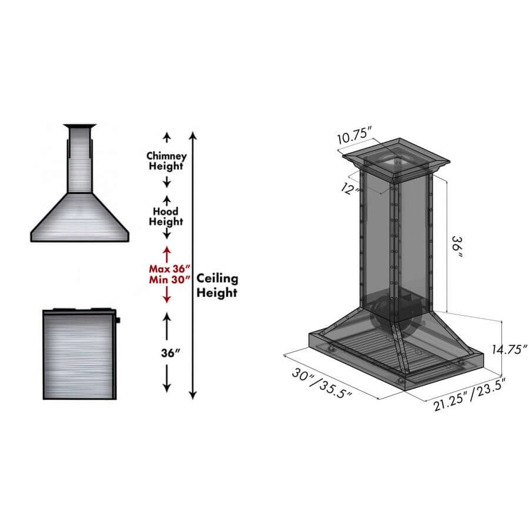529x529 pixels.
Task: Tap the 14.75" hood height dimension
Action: coord(509,349)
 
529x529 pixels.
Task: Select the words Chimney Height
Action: coord(166,161)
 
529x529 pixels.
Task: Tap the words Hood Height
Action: coord(166,216)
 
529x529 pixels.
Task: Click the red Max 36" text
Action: coord(167,269)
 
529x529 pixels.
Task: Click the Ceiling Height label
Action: coord(217,285)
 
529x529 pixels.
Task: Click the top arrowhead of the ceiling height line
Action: coord(193,136)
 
